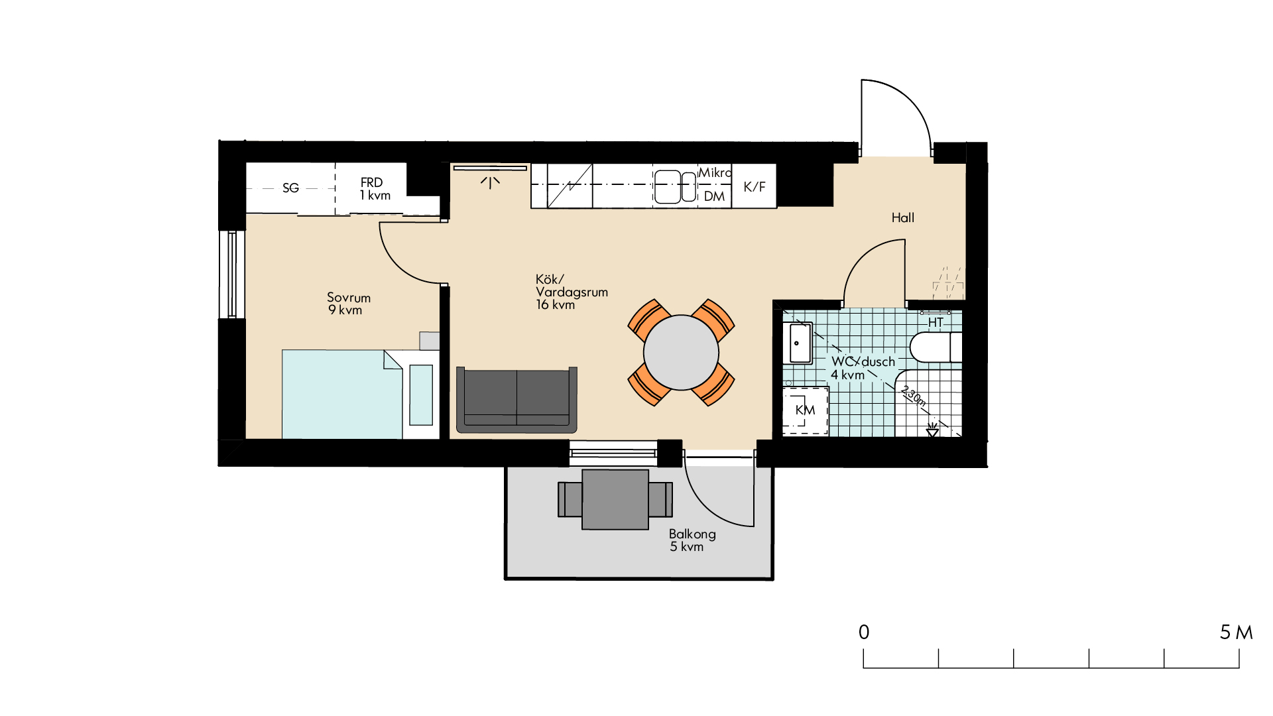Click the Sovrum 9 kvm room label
point(349,304)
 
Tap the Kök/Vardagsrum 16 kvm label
point(572,292)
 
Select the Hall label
point(903,217)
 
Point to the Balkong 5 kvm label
point(692,540)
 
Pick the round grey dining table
point(681,353)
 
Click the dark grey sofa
point(516,400)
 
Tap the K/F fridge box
point(755,186)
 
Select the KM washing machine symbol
point(806,411)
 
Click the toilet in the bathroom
point(936,347)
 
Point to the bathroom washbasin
point(798,343)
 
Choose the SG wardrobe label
point(290,188)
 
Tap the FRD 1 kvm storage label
point(375,188)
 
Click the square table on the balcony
point(615,500)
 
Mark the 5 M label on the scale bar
point(1237,632)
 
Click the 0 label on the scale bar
point(864,632)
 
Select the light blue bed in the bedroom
point(342,394)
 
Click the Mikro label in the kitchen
point(715,172)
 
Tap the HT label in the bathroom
point(936,323)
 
